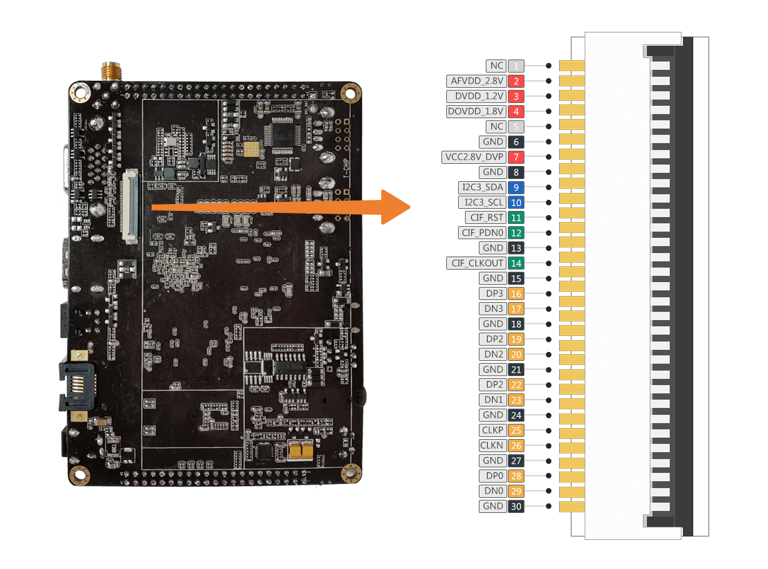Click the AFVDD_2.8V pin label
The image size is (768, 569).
coord(477,81)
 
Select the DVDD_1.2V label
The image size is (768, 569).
coord(478,96)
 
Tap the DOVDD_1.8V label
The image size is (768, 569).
coord(477,111)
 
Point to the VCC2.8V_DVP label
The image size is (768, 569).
coord(474,157)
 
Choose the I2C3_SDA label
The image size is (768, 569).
coord(482,187)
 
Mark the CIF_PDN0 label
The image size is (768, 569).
coord(482,233)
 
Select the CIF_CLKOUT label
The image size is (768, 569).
coord(477,263)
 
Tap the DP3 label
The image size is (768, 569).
coord(493,294)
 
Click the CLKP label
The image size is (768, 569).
coord(492,431)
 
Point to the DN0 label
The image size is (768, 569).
coord(493,491)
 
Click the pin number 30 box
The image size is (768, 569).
coord(516,506)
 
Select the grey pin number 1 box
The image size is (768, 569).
coord(516,66)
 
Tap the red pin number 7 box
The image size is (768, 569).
coord(516,157)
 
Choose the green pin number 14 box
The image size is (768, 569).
coord(516,263)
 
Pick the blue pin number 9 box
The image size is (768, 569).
coord(516,187)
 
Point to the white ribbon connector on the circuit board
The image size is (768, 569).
coord(129,207)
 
